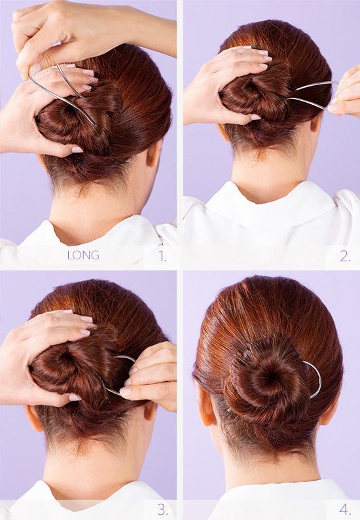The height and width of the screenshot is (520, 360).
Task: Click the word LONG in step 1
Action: (x=83, y=255)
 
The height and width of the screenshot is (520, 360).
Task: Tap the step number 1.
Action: (x=162, y=256)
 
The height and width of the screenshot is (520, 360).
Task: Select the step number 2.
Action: (x=345, y=256)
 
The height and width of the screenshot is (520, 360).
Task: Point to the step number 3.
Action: (x=162, y=510)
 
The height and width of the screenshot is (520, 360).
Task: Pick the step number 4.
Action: (x=345, y=510)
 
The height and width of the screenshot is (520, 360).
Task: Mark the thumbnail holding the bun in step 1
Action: (x=77, y=149)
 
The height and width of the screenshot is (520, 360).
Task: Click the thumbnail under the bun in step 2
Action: (x=256, y=117)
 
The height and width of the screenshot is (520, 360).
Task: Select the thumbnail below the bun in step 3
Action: (x=75, y=398)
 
